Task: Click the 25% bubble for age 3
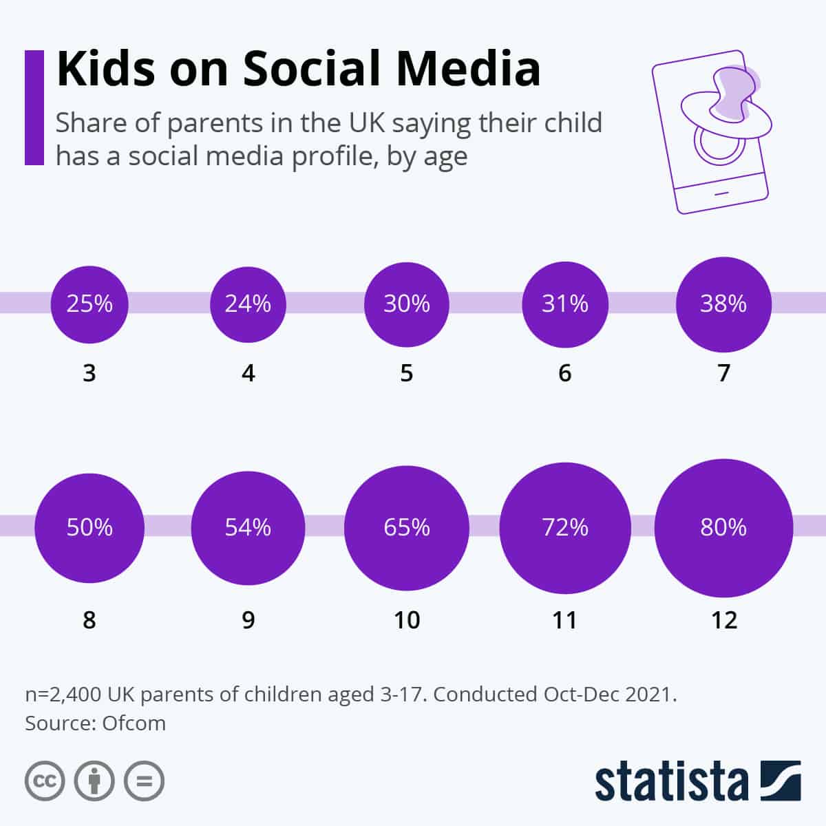click(89, 304)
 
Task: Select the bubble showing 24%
click(248, 304)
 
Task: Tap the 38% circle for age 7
click(723, 304)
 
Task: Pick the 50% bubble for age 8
click(89, 527)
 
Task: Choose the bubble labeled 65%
click(407, 527)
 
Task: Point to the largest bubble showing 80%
click(723, 527)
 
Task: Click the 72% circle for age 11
click(565, 527)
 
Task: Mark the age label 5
click(407, 373)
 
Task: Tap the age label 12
click(723, 620)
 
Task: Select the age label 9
click(248, 620)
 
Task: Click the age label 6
click(565, 373)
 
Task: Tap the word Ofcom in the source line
click(134, 723)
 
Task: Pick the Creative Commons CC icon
click(45, 781)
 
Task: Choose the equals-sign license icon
click(144, 781)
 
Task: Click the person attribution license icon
click(94, 781)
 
